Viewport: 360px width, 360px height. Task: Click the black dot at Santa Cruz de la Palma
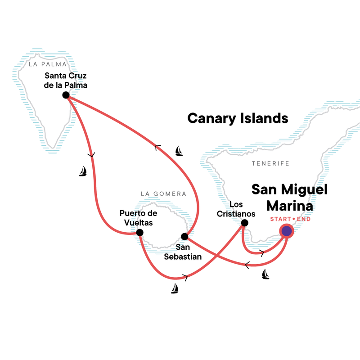point(66,95)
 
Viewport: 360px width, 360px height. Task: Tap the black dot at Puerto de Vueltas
point(139,233)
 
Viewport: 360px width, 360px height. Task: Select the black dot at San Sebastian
point(184,236)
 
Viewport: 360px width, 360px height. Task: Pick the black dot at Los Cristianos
point(244,223)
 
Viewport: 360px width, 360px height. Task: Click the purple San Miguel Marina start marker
point(286,231)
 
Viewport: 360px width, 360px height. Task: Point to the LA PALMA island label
point(44,64)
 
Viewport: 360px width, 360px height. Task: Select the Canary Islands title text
point(237,118)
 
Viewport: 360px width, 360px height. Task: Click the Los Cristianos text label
point(243,208)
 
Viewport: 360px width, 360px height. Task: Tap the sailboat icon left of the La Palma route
point(83,171)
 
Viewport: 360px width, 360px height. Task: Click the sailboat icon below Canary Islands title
point(179,151)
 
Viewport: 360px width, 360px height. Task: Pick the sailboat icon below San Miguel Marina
point(265,274)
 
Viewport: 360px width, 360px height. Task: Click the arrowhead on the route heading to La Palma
point(157,146)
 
